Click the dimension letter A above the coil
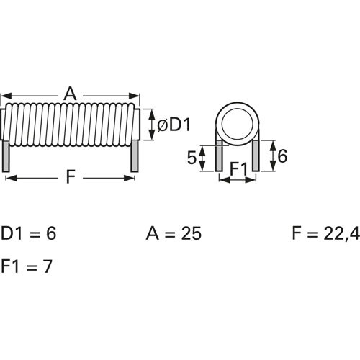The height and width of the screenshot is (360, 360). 70,94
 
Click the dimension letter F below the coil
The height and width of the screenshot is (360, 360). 70,177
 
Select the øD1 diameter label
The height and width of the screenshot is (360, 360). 174,125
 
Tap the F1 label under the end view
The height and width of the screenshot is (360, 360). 238,170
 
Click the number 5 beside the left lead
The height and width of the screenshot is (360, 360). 192,158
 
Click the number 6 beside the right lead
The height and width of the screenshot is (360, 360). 282,156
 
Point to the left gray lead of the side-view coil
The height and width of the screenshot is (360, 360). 6,156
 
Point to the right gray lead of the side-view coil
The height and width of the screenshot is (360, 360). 134,156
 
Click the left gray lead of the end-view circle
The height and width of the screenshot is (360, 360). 219,156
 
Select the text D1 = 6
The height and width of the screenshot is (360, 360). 28,233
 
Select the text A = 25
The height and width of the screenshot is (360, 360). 174,233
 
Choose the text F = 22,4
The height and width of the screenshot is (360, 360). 325,234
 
